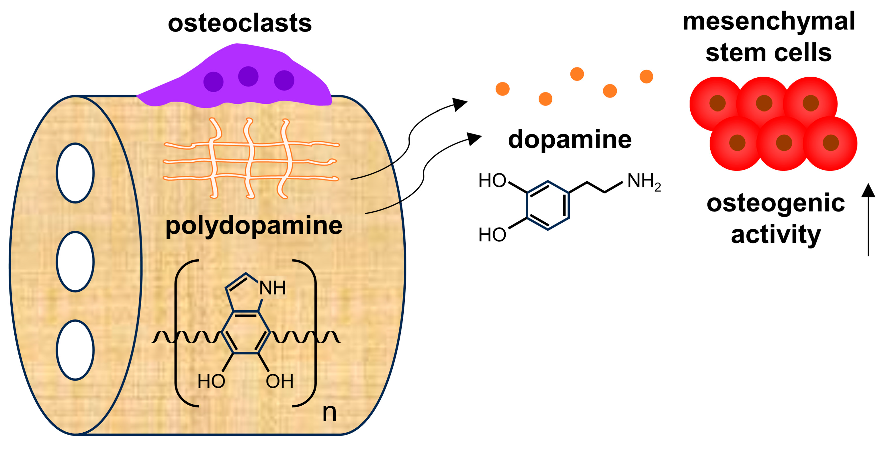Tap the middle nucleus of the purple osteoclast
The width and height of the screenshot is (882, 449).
(248, 76)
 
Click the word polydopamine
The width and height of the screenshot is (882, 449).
(254, 226)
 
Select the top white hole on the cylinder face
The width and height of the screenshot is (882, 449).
(75, 173)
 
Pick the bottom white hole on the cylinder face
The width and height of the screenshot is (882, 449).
(75, 350)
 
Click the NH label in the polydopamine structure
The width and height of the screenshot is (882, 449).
(272, 288)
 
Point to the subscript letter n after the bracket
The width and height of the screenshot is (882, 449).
(329, 412)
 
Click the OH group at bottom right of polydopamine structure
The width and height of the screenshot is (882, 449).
(279, 381)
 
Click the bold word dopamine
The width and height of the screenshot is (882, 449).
(570, 140)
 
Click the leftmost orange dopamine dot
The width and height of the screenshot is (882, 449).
(502, 89)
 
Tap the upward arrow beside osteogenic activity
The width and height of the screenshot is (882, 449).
(868, 219)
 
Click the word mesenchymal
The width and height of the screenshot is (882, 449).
(769, 21)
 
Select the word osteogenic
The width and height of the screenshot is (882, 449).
(776, 204)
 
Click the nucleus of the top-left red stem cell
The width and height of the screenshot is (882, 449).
(717, 103)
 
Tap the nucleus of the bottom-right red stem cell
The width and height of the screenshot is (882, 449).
(831, 143)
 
